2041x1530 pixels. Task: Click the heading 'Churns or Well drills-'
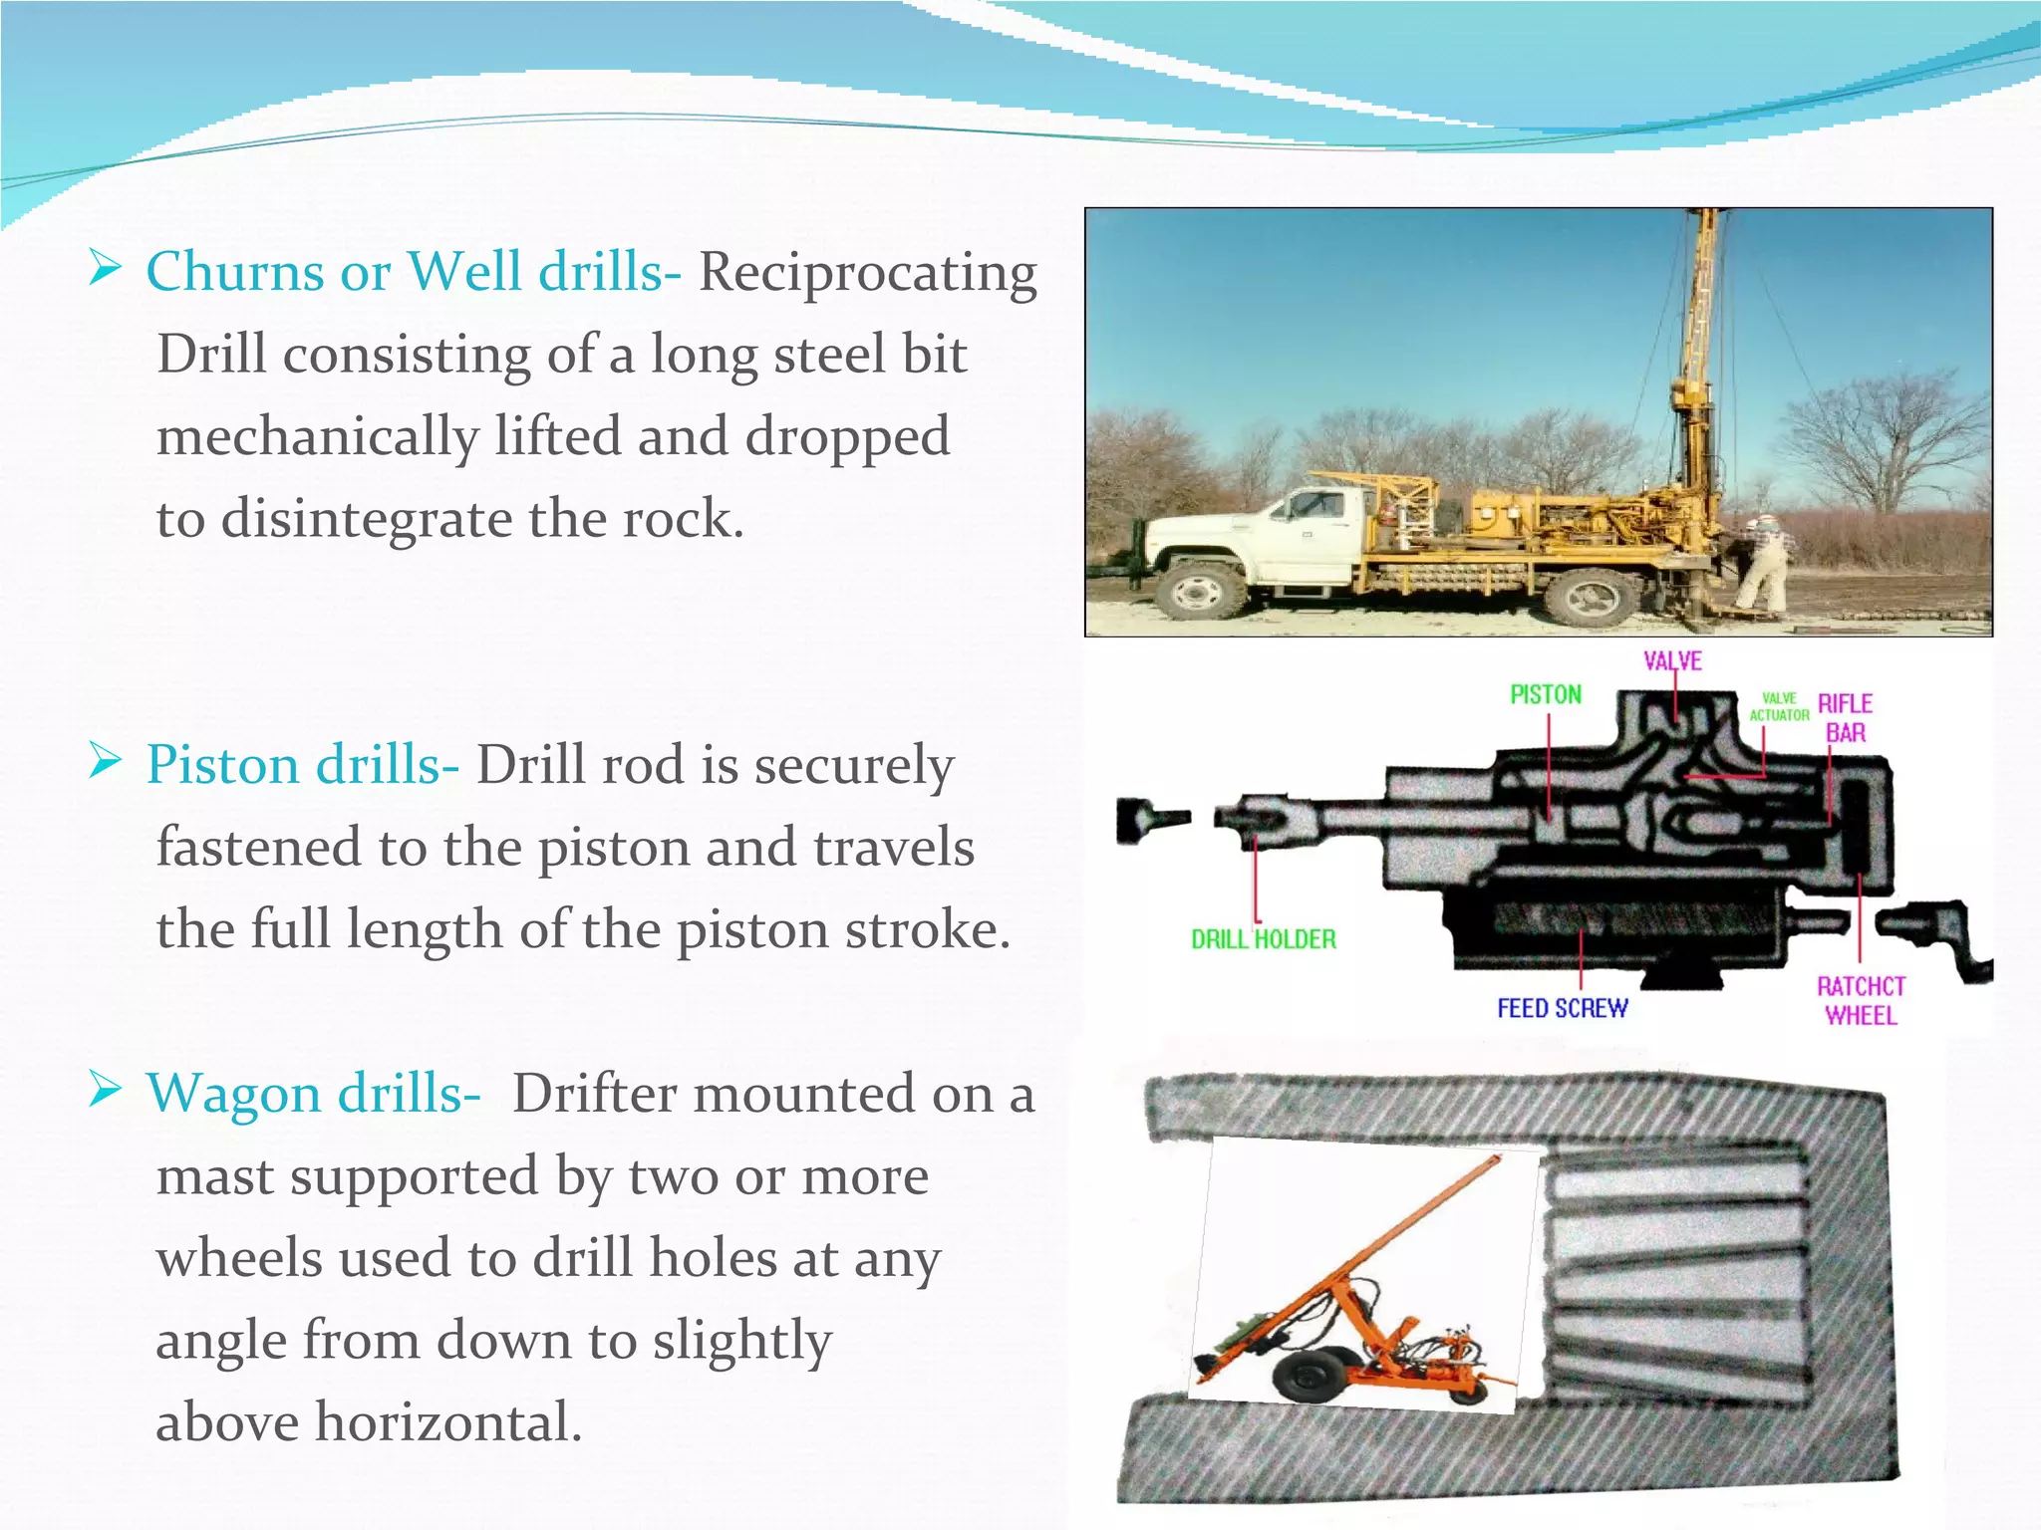point(413,272)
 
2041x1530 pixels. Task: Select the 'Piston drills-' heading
point(302,765)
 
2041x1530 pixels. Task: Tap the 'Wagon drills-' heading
point(313,1094)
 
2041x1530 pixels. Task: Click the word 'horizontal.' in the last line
point(447,1421)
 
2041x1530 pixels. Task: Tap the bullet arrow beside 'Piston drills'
point(104,762)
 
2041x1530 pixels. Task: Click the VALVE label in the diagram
point(1672,661)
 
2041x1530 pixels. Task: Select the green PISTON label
point(1546,695)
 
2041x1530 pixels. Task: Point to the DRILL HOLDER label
point(1264,939)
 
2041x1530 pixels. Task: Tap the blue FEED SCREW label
point(1562,1009)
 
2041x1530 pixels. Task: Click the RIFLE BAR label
point(1845,718)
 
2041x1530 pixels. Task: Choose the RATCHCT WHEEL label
point(1861,1001)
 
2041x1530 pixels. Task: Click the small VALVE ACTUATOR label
point(1779,707)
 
